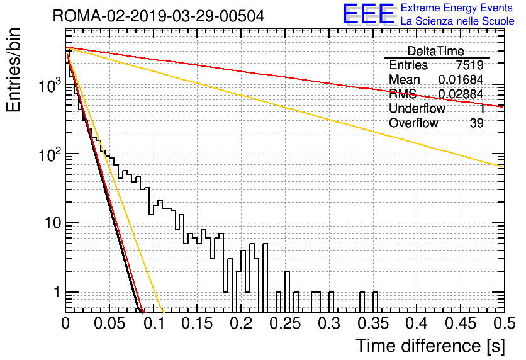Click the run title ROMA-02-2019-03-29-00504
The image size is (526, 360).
(x=159, y=16)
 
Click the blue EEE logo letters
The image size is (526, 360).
(x=369, y=14)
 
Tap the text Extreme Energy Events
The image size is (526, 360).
(x=457, y=8)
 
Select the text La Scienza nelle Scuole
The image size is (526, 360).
(x=457, y=21)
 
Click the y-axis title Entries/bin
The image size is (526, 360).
(x=13, y=70)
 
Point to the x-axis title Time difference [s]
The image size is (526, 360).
(x=430, y=346)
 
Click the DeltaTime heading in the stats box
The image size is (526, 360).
(x=436, y=51)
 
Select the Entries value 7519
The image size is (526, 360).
(x=469, y=65)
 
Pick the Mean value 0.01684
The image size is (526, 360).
(x=461, y=79)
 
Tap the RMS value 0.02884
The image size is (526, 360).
(x=461, y=94)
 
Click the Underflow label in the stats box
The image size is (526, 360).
(x=417, y=108)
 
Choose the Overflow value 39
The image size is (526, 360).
(x=477, y=123)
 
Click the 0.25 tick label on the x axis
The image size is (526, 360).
(x=285, y=323)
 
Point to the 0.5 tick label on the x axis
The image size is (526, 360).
(x=505, y=323)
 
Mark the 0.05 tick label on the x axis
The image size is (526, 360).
(x=109, y=323)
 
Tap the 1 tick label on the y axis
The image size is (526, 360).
(x=57, y=292)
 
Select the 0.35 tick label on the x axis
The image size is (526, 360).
(x=373, y=323)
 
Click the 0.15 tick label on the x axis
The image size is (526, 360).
(x=198, y=323)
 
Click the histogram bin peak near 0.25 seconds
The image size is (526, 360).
(x=287, y=271)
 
